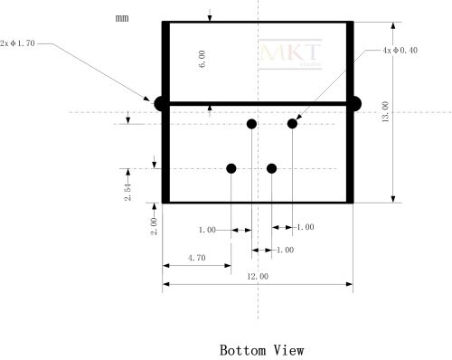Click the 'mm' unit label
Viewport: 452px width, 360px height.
tap(122, 18)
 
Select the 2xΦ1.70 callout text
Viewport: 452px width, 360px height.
tap(17, 43)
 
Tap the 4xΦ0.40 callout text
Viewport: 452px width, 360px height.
tap(400, 51)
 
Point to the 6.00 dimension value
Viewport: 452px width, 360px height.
tap(202, 59)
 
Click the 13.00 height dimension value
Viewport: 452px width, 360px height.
tap(385, 111)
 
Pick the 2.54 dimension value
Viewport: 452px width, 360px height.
tap(128, 192)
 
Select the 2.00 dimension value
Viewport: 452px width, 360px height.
tap(154, 226)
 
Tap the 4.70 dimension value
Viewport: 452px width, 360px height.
tap(197, 258)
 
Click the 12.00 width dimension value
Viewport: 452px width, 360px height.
tap(258, 276)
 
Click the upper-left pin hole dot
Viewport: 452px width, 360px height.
tap(251, 124)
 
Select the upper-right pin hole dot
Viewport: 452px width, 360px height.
tap(292, 124)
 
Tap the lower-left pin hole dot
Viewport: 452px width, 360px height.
tap(231, 168)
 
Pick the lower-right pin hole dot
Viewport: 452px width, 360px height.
tap(272, 168)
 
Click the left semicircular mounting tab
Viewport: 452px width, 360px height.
tap(158, 104)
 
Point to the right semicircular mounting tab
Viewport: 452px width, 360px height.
tap(357, 104)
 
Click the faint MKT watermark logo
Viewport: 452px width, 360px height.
tap(290, 54)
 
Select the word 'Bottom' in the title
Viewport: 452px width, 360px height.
tap(243, 350)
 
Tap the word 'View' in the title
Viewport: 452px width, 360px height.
tap(288, 350)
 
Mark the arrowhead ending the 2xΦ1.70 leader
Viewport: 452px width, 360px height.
tap(146, 99)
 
